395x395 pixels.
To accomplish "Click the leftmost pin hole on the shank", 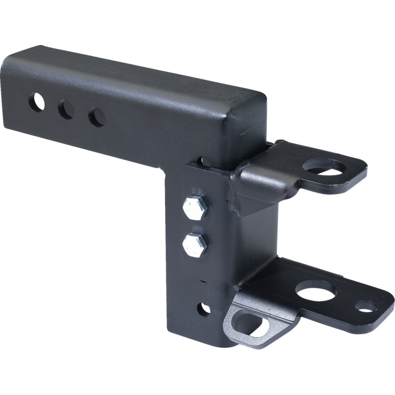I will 37,102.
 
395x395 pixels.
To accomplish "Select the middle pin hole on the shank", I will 66,110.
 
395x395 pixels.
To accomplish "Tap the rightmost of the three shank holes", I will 96,118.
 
